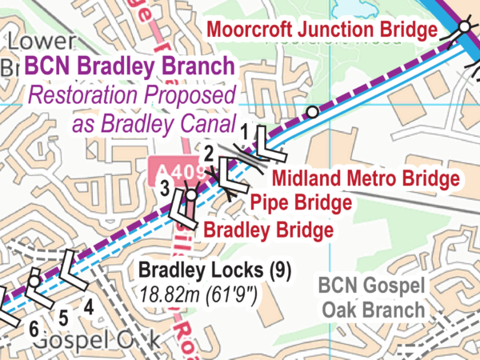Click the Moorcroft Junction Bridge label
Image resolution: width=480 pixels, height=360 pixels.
tap(322, 30)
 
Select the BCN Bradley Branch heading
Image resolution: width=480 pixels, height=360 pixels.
tap(131, 68)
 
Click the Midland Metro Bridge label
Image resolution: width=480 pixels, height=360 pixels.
tap(366, 177)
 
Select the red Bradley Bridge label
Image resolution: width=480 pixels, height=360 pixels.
tap(268, 231)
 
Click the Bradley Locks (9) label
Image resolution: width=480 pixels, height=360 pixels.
tap(214, 270)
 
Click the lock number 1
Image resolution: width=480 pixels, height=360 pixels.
tap(246, 127)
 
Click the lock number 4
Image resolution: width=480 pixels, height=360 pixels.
tap(88, 305)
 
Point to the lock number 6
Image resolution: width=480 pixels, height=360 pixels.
tap(33, 328)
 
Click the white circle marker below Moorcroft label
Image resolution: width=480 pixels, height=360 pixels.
tap(313, 112)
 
